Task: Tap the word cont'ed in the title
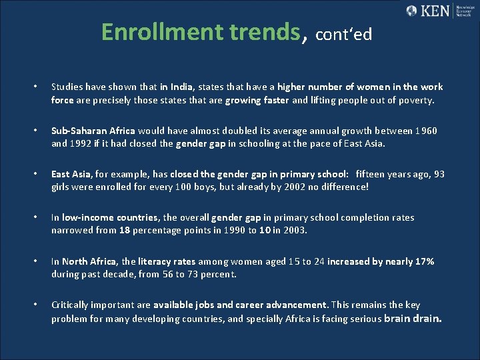click(343, 34)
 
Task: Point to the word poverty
click(414, 101)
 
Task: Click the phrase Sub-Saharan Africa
click(93, 131)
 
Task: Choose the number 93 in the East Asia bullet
click(439, 174)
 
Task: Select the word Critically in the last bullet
click(70, 305)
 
